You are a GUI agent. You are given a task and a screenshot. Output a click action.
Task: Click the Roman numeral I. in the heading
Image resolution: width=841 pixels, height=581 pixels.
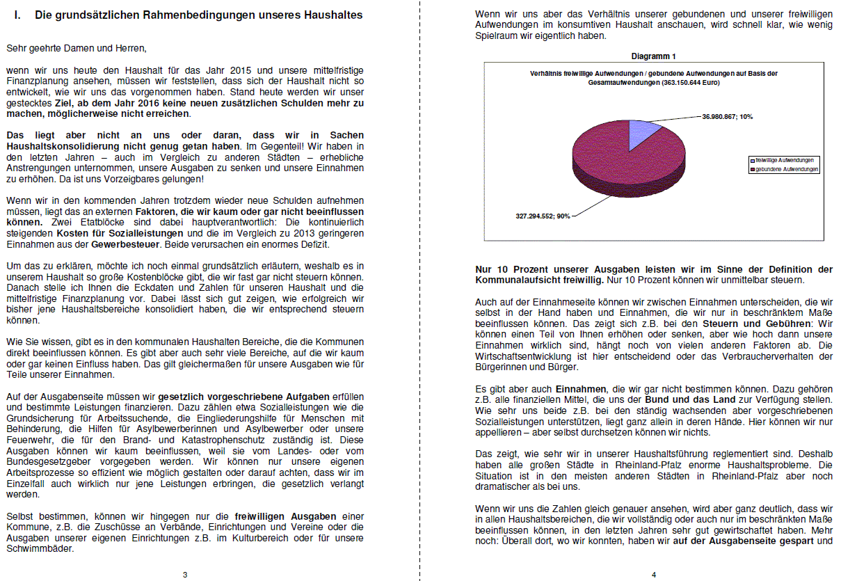17,15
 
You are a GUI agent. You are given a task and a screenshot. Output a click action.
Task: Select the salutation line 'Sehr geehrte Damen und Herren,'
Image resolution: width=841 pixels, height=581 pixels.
77,48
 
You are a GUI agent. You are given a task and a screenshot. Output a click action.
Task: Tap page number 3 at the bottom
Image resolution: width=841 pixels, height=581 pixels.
184,574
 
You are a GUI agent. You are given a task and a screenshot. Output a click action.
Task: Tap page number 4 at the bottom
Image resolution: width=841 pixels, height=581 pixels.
653,574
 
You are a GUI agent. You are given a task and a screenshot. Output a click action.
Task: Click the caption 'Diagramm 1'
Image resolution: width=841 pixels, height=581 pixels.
653,56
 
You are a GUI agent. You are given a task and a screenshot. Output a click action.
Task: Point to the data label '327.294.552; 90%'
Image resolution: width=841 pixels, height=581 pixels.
538,216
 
